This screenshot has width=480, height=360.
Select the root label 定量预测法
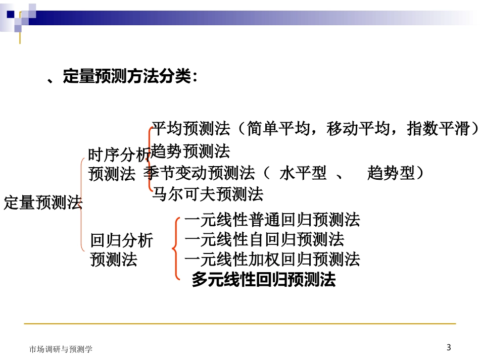[x=43, y=203]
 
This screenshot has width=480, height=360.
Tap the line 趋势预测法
[x=190, y=150]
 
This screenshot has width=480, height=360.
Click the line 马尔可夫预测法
[x=208, y=193]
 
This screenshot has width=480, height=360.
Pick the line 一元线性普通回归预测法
[x=272, y=220]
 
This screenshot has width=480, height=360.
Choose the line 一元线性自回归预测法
[x=264, y=239]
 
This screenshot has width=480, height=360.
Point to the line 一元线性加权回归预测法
[x=272, y=259]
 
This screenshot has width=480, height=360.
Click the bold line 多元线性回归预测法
[x=263, y=280]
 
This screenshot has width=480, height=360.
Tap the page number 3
[x=449, y=347]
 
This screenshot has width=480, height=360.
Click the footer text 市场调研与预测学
[x=61, y=349]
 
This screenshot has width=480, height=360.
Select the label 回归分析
[x=121, y=240]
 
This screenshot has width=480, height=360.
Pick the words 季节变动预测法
[x=199, y=173]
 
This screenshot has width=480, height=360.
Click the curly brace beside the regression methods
[x=175, y=248]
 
